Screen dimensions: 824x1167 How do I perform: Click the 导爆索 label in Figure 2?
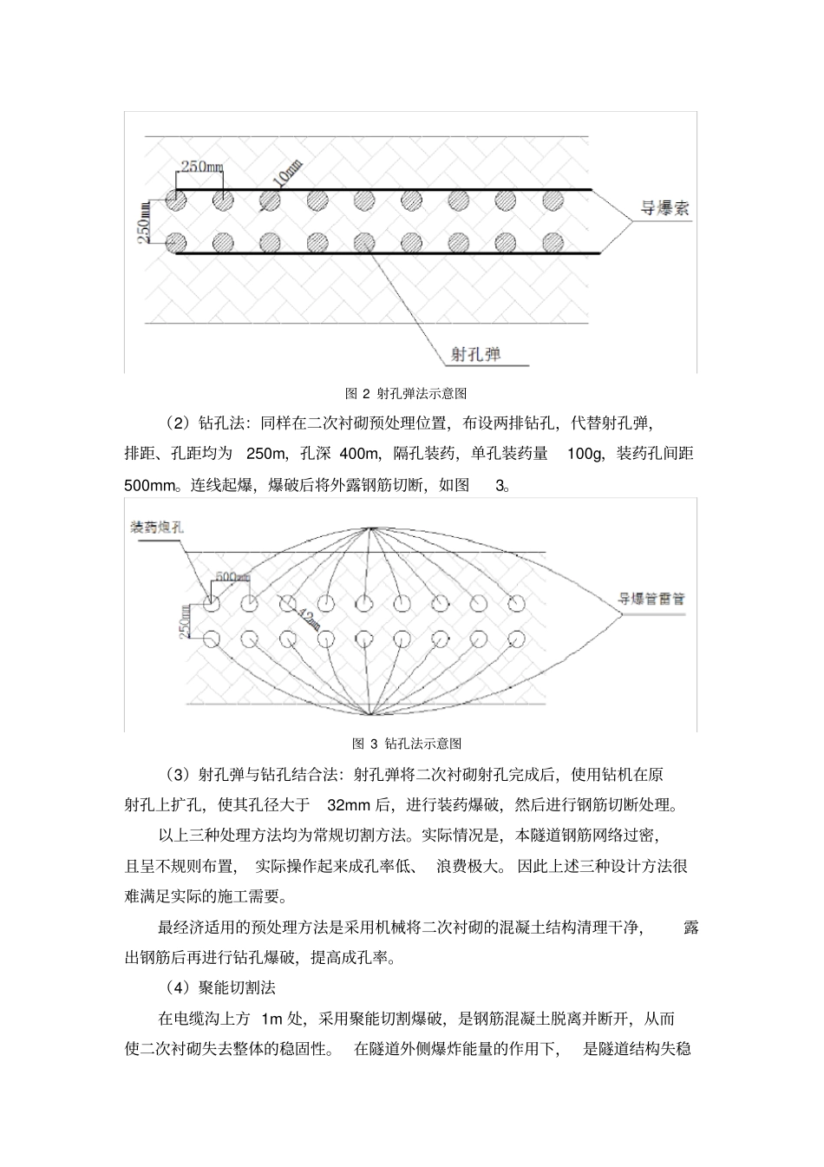(x=664, y=209)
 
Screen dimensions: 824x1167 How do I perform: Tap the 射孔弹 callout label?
(x=476, y=354)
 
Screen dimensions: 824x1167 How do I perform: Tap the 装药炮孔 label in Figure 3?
(x=157, y=528)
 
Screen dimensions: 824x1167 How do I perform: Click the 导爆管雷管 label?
(x=651, y=599)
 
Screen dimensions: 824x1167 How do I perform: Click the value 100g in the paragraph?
(x=585, y=454)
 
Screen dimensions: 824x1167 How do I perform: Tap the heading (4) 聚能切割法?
(x=220, y=987)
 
